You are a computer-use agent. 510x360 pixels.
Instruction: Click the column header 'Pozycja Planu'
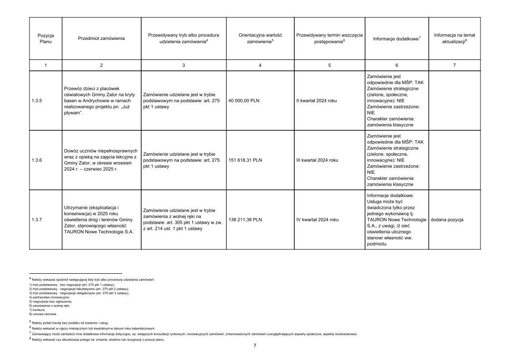tap(45, 38)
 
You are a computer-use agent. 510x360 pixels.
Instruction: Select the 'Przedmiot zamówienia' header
tap(101, 39)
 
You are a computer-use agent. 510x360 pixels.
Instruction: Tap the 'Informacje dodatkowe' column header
tap(396, 39)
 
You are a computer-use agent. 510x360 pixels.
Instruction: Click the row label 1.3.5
tap(37, 101)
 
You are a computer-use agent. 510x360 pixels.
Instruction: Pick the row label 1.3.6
tap(37, 160)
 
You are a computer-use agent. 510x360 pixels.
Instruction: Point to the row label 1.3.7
tap(37, 220)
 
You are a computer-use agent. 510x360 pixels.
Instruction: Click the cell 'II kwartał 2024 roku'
tap(317, 101)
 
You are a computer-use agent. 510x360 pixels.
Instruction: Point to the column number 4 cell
tap(260, 65)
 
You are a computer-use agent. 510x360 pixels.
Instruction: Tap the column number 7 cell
tap(454, 65)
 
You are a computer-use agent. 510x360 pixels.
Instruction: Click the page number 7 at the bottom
tap(255, 345)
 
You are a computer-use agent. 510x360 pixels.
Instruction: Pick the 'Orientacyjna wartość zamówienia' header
tap(260, 38)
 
